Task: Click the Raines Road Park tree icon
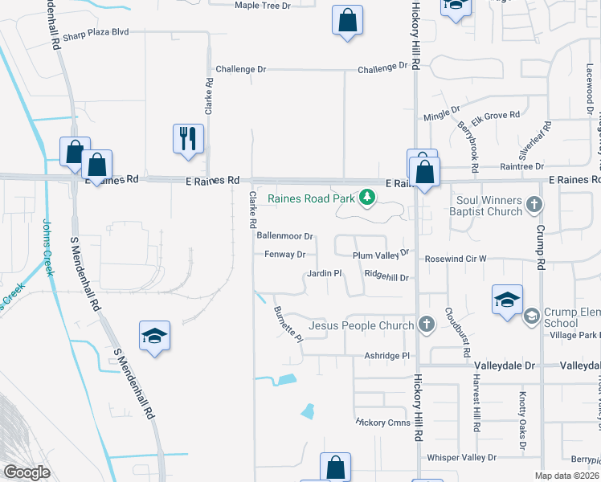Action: pyautogui.click(x=367, y=197)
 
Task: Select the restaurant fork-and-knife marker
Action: pyautogui.click(x=189, y=138)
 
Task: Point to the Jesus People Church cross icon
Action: pyautogui.click(x=426, y=325)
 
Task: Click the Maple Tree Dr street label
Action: pyautogui.click(x=262, y=6)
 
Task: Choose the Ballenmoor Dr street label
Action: pyautogui.click(x=284, y=236)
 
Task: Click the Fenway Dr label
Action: pyautogui.click(x=285, y=255)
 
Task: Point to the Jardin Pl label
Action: pyautogui.click(x=325, y=274)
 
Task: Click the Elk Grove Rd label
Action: pyautogui.click(x=496, y=116)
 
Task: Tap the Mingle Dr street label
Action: pyautogui.click(x=441, y=109)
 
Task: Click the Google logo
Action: pyautogui.click(x=27, y=472)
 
